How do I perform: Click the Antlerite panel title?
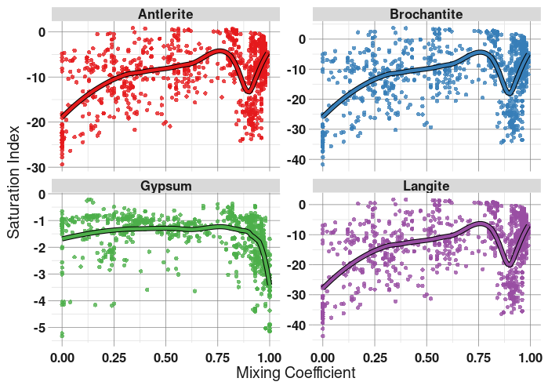pos(166,14)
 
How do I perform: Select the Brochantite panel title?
pos(426,14)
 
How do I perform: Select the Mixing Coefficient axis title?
pos(296,373)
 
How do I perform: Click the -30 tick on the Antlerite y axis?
pos(36,169)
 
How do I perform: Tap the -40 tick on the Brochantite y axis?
pos(297,160)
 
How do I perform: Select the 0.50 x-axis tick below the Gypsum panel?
pos(166,357)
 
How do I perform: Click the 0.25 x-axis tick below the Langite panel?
pos(374,357)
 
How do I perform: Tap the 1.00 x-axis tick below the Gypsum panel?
pos(270,357)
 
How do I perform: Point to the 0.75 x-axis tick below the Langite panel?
pos(478,357)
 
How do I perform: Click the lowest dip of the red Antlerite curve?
pos(249,92)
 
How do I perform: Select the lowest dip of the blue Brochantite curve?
pos(510,94)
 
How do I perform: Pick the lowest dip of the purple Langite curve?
pos(510,264)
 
